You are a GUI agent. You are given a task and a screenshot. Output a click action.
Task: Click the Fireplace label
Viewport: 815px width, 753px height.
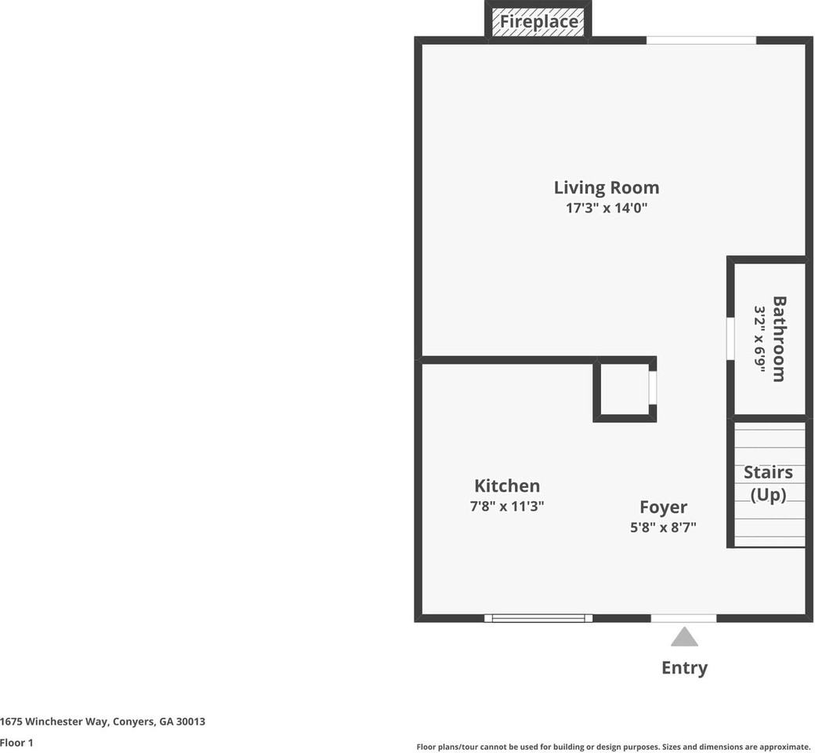[x=538, y=21]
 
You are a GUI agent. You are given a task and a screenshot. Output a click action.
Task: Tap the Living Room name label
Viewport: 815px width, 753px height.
[x=606, y=187]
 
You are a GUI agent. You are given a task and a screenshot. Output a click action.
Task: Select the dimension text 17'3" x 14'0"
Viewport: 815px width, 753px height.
[x=606, y=208]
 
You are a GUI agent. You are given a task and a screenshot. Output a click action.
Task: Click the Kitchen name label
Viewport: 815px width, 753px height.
[x=507, y=486]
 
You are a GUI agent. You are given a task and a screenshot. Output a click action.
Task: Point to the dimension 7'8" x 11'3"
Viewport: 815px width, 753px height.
[x=507, y=506]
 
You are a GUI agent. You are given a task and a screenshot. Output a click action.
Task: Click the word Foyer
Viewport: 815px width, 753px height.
[x=663, y=507]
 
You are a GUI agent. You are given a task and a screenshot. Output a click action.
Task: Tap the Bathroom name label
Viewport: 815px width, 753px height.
[x=779, y=339]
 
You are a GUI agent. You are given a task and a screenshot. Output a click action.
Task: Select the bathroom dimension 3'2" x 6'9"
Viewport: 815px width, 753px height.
[x=760, y=339]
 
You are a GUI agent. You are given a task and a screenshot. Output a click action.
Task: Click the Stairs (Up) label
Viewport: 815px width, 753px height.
[x=768, y=483]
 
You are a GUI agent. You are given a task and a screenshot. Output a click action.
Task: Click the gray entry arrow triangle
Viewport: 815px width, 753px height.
[x=684, y=636]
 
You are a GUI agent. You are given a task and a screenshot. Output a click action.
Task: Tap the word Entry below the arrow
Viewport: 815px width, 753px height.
[x=685, y=668]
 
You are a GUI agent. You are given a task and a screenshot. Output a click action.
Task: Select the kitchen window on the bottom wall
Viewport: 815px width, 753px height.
[x=538, y=618]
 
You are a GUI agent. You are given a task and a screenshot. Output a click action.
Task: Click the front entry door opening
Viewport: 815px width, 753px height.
[x=683, y=618]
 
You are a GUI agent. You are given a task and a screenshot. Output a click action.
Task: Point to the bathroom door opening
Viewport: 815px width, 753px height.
[x=730, y=339]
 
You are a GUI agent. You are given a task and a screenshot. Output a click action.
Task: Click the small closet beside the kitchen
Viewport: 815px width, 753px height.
[x=625, y=389]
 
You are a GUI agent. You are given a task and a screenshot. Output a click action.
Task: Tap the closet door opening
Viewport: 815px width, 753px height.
[x=653, y=387]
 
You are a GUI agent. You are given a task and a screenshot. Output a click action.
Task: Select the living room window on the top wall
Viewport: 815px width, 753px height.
[x=701, y=41]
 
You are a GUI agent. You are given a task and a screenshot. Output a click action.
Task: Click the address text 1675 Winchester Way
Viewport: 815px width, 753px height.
[x=54, y=722]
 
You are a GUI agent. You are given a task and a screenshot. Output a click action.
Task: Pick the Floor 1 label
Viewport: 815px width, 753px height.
[x=16, y=743]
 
